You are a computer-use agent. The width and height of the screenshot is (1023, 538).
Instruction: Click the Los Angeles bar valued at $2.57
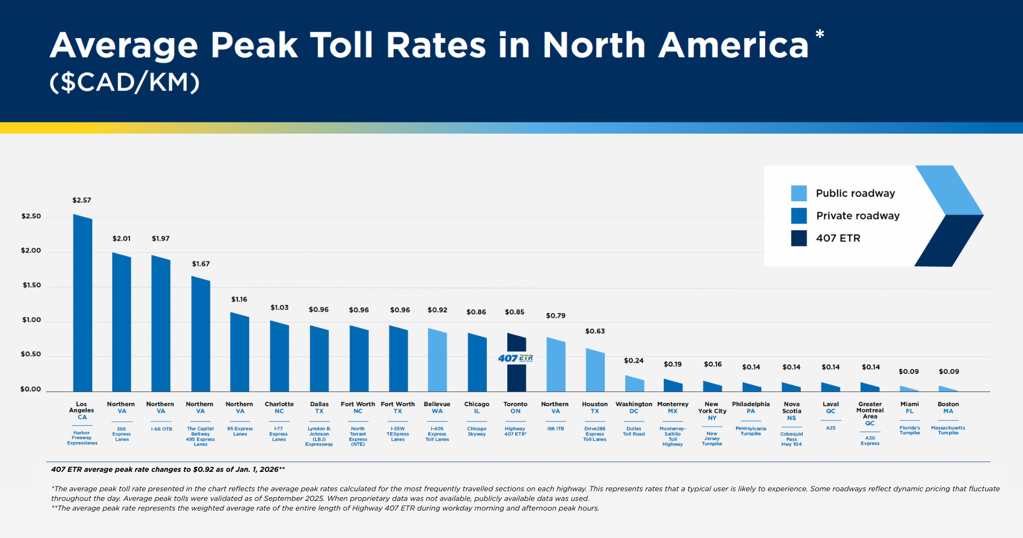click(x=82, y=304)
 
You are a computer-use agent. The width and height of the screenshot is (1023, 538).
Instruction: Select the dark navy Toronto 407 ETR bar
click(x=516, y=377)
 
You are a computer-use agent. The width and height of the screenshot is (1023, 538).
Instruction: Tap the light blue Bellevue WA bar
click(x=437, y=360)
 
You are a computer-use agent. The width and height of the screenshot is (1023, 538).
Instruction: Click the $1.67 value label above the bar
click(x=201, y=264)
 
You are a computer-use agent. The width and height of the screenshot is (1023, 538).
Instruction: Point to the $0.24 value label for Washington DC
click(x=634, y=360)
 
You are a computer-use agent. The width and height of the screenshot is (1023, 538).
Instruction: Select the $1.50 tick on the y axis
click(x=31, y=285)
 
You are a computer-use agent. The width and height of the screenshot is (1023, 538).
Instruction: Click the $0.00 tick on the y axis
click(x=30, y=389)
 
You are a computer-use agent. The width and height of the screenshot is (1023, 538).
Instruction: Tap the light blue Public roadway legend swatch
click(x=798, y=193)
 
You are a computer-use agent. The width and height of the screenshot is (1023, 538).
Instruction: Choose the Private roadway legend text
click(x=858, y=216)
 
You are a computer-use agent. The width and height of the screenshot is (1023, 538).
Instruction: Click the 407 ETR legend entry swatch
click(x=798, y=238)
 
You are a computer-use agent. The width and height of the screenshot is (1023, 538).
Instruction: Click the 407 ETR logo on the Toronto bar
click(x=515, y=358)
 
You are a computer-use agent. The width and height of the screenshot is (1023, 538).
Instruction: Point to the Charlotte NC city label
click(x=279, y=407)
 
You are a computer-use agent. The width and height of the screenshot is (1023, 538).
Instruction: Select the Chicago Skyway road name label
click(x=477, y=431)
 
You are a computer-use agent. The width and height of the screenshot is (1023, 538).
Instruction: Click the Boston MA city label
click(x=948, y=407)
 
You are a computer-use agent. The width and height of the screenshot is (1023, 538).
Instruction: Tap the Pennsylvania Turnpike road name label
click(x=751, y=431)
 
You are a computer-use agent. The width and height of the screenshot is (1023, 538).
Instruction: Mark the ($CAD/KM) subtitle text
click(x=124, y=82)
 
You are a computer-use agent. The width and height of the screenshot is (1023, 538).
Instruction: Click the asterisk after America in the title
click(x=819, y=35)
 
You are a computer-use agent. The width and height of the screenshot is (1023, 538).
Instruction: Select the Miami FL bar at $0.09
click(x=909, y=389)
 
